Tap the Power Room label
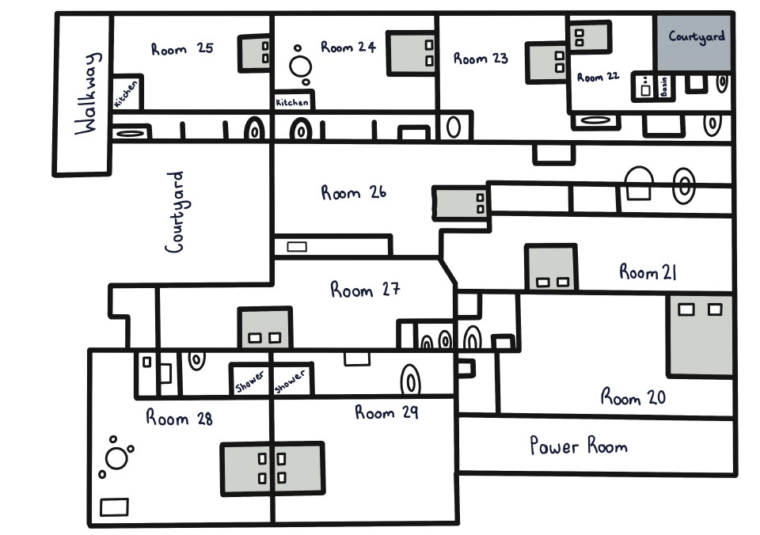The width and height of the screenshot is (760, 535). coord(579,446)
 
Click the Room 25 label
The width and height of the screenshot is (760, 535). coord(182,49)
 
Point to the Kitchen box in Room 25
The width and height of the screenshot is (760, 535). coord(127,93)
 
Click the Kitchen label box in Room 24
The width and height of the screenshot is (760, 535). coord(293,101)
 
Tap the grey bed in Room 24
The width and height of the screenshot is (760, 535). coord(411,53)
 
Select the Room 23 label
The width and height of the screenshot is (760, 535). coord(481,59)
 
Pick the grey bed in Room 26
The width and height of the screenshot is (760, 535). coord(460,203)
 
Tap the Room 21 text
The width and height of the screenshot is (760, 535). coord(648,273)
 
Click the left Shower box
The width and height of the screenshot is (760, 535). coord(249,380)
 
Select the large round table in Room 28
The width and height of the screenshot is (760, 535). coord(117,458)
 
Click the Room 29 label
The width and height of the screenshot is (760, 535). coord(386,412)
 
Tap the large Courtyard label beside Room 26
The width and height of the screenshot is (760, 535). coord(175,212)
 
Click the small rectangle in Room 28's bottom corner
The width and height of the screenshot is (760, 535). coord(115,507)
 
